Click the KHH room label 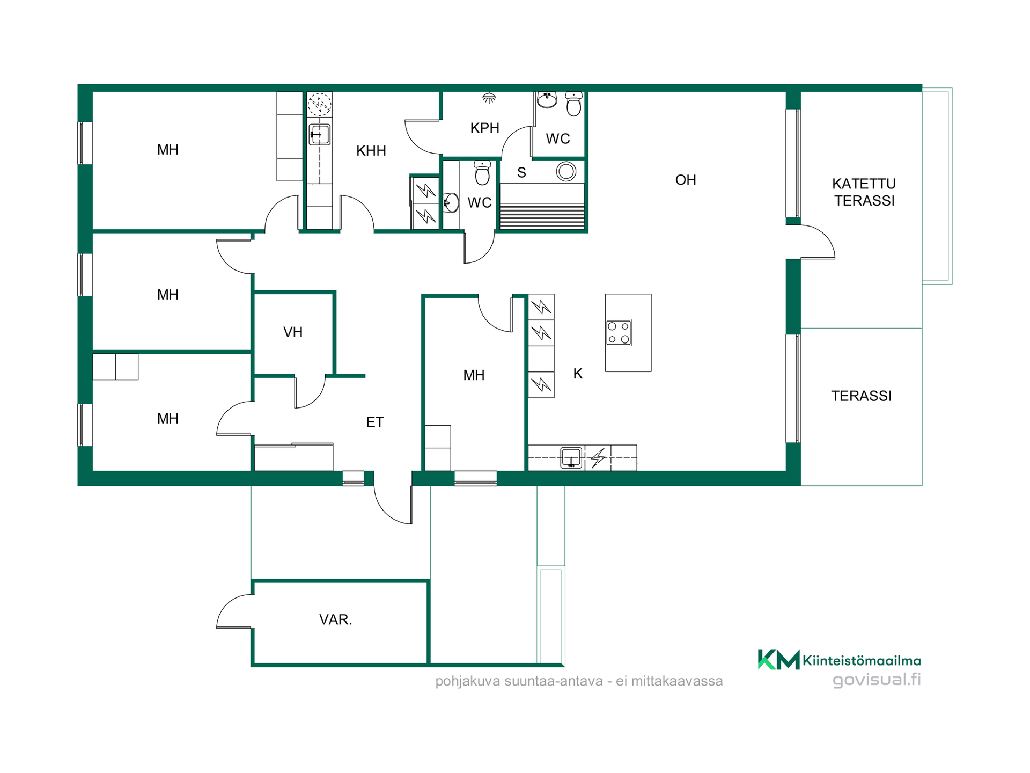371,151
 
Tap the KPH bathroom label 484,128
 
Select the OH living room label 686,180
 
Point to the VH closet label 293,332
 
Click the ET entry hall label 374,422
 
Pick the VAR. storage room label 335,619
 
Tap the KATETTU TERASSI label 864,192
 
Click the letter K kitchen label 578,374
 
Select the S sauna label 521,173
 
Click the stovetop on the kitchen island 619,332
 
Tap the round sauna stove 566,172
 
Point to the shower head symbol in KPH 489,98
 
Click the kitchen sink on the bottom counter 571,458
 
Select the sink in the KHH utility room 320,134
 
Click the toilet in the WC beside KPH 573,104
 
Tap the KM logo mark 778,659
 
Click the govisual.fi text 877,680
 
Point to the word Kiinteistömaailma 862,661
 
